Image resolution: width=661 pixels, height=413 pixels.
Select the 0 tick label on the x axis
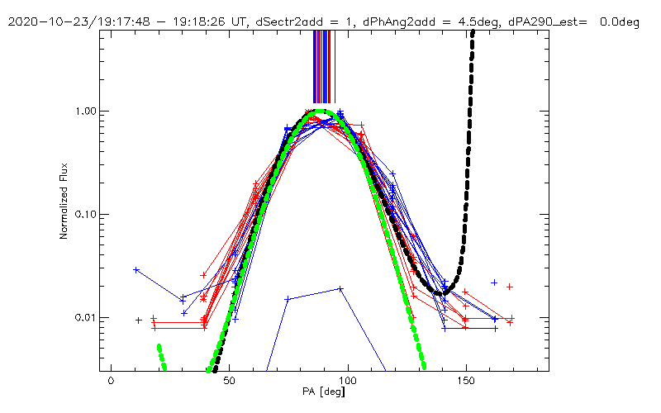click(111, 383)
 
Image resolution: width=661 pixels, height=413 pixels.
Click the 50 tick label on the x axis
click(229, 383)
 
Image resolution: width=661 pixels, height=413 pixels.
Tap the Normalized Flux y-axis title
click(64, 202)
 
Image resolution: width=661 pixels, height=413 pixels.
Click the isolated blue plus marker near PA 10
click(136, 270)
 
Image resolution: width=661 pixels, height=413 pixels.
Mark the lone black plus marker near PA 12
click(139, 320)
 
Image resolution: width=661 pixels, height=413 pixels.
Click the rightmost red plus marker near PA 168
click(510, 287)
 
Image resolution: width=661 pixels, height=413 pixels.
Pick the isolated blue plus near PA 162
click(494, 282)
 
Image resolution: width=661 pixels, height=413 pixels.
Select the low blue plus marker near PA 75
click(288, 299)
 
